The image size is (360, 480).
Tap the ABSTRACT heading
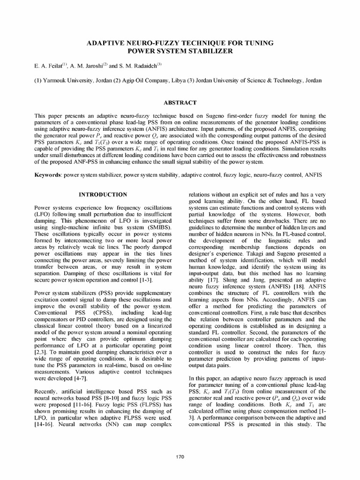[x=180, y=102]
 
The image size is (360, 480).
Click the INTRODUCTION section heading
[x=103, y=194]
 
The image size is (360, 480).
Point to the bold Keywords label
[x=48, y=174]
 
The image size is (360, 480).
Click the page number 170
[x=180, y=457]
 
